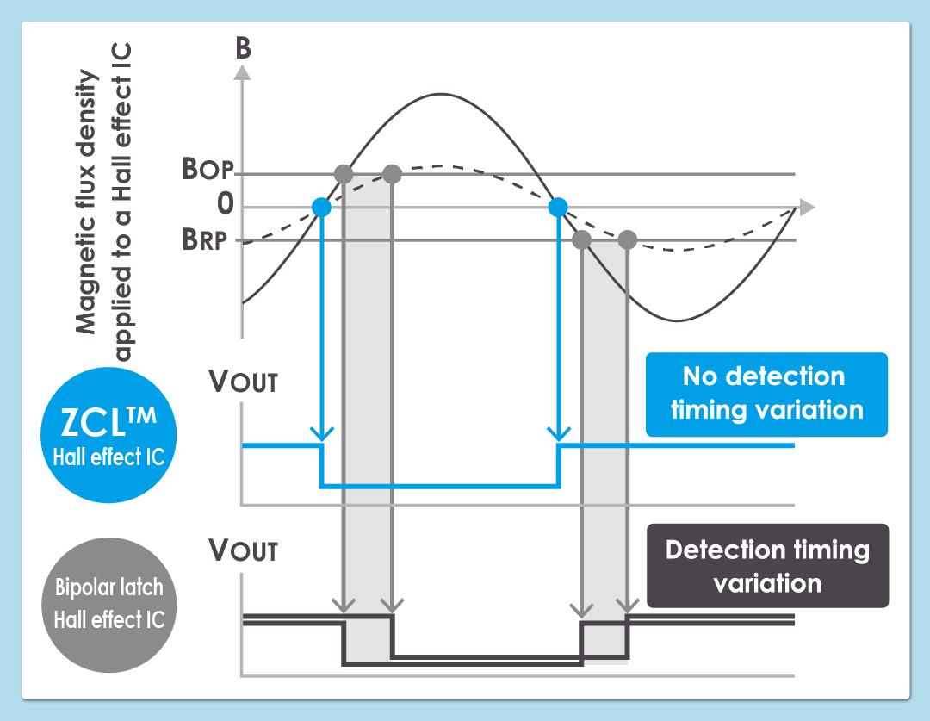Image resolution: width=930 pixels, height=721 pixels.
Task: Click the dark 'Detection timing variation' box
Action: coord(767,566)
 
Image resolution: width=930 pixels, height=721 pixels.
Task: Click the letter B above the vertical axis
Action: coord(243,48)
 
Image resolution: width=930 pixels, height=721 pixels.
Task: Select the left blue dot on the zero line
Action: coord(321,207)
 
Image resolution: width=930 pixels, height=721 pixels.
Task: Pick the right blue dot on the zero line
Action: coord(558,207)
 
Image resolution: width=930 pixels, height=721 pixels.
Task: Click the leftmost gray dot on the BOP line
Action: coord(343,174)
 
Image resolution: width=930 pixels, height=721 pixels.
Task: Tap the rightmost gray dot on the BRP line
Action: coord(628,239)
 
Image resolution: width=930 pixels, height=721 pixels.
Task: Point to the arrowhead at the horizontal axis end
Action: coord(806,207)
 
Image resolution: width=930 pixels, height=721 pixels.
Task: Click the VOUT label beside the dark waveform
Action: coord(244,550)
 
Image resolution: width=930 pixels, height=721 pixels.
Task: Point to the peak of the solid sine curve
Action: coord(441,94)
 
